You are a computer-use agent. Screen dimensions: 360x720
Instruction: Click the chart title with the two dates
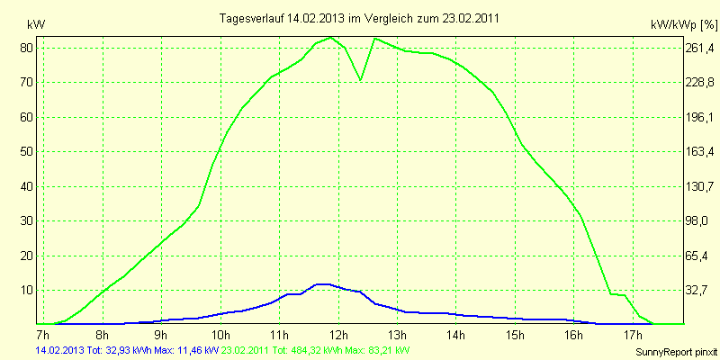359,18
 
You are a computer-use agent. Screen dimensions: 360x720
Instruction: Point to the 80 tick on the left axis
27,48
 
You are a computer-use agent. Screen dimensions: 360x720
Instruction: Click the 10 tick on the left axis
27,290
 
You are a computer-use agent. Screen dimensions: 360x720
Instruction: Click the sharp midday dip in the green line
361,80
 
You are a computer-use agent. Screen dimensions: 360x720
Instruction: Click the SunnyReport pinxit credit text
673,351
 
